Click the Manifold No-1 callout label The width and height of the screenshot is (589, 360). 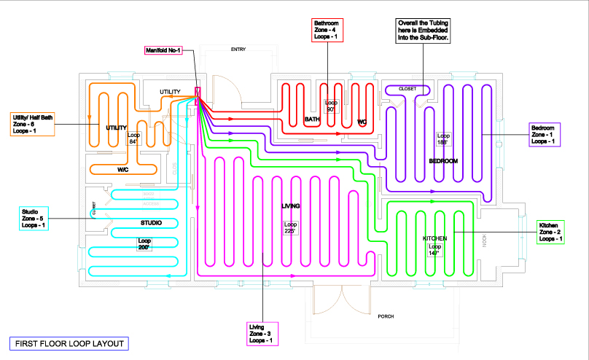click(x=164, y=51)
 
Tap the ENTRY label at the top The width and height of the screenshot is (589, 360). click(x=238, y=50)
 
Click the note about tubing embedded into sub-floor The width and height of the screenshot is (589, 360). click(x=423, y=32)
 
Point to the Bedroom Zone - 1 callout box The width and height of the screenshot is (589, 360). click(x=545, y=136)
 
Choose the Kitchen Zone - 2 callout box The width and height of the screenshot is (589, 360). click(x=550, y=232)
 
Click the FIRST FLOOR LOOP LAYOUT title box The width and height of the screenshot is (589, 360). click(x=69, y=343)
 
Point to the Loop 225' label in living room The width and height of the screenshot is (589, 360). click(x=291, y=228)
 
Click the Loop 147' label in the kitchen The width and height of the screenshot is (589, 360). click(x=435, y=250)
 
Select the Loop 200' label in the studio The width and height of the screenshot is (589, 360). click(x=144, y=245)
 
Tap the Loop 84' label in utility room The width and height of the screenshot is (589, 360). click(x=133, y=138)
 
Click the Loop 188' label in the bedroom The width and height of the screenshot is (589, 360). click(x=443, y=138)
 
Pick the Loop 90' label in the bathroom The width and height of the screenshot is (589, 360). click(x=331, y=106)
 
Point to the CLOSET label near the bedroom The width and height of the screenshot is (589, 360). click(x=407, y=88)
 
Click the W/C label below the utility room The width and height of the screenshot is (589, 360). click(x=123, y=169)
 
